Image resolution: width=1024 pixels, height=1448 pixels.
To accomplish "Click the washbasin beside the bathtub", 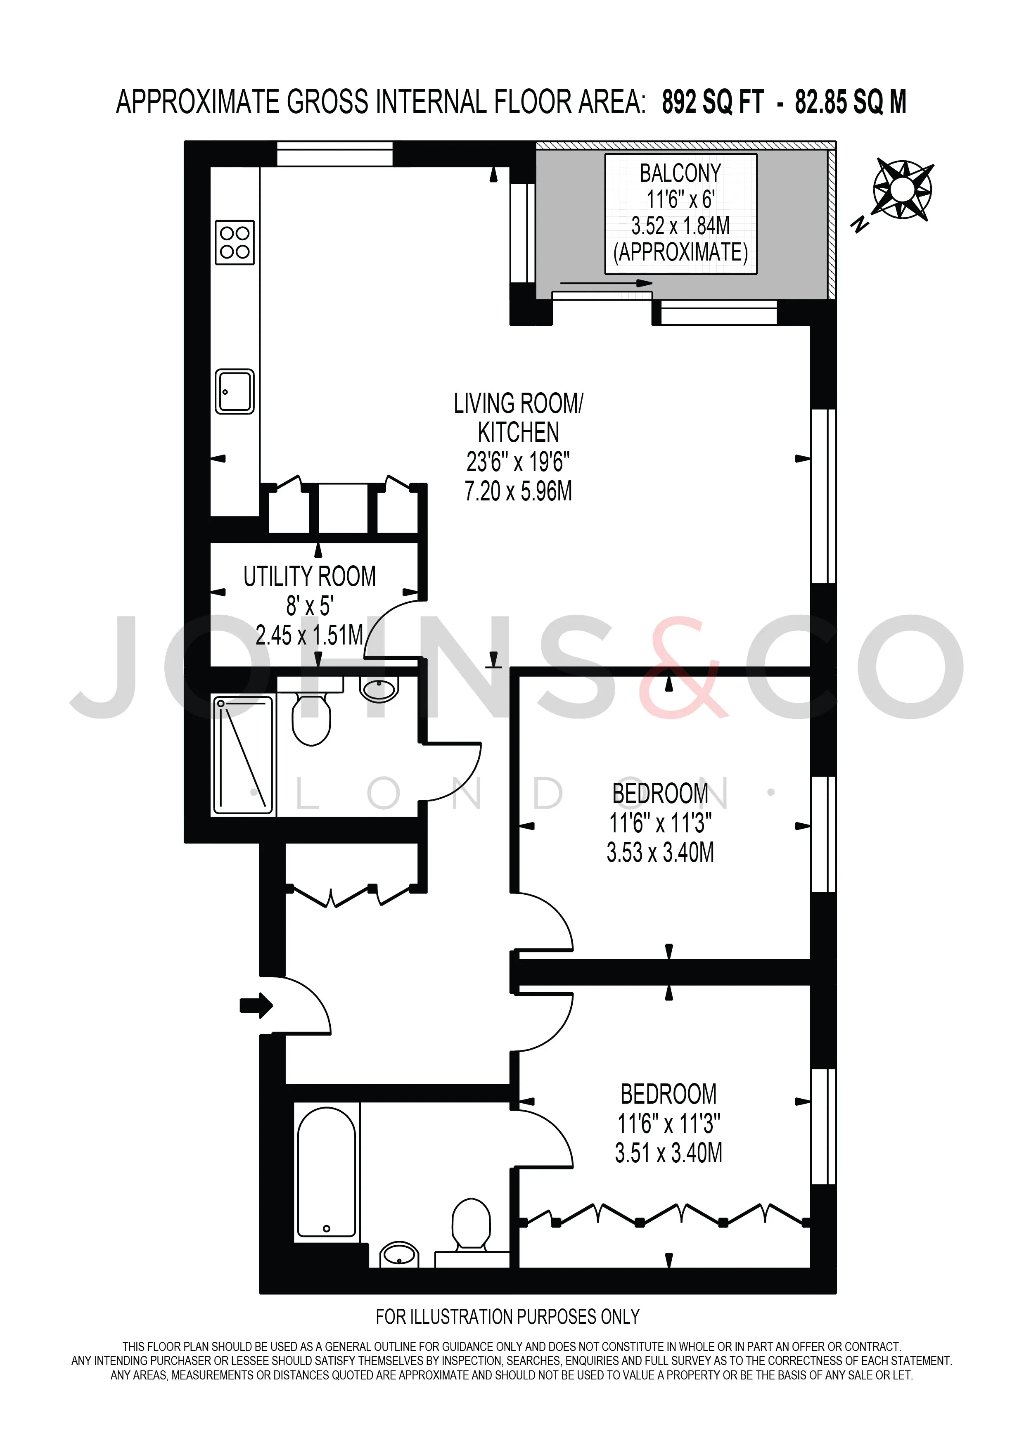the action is [400, 1255].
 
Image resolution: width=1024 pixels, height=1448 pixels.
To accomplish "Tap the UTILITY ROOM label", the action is [310, 576].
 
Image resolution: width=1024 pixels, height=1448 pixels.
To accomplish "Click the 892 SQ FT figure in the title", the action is [713, 102].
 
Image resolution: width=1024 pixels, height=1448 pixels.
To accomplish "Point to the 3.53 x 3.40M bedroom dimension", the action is [660, 853].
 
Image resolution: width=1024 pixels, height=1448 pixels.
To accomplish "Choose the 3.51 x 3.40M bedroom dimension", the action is [668, 1154].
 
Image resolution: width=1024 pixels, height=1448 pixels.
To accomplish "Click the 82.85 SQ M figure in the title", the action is [851, 102].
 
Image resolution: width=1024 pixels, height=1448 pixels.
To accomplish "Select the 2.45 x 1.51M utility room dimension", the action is [310, 635].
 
